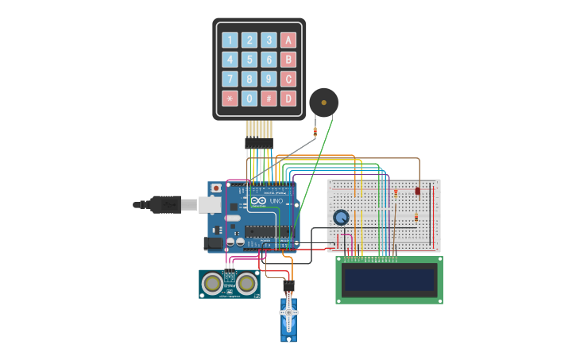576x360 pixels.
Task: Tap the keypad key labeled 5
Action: click(x=249, y=60)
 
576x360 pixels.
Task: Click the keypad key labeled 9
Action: click(x=269, y=79)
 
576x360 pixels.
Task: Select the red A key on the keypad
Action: click(x=288, y=41)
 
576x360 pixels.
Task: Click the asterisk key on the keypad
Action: click(x=230, y=99)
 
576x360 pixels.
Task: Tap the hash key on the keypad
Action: click(x=269, y=99)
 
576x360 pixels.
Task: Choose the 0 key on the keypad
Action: click(x=249, y=99)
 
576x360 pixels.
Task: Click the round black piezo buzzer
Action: click(x=323, y=103)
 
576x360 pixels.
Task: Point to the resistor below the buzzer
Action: click(x=315, y=131)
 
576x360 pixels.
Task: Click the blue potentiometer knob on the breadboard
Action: click(x=341, y=217)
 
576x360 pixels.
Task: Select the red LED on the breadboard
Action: click(x=418, y=191)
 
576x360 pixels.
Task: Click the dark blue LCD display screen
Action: click(x=389, y=279)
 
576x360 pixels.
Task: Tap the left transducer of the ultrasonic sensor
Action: click(x=212, y=282)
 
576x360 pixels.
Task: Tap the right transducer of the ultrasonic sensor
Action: click(x=247, y=282)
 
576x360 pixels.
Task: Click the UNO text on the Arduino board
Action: click(x=276, y=201)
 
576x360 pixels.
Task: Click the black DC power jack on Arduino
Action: click(x=213, y=243)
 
